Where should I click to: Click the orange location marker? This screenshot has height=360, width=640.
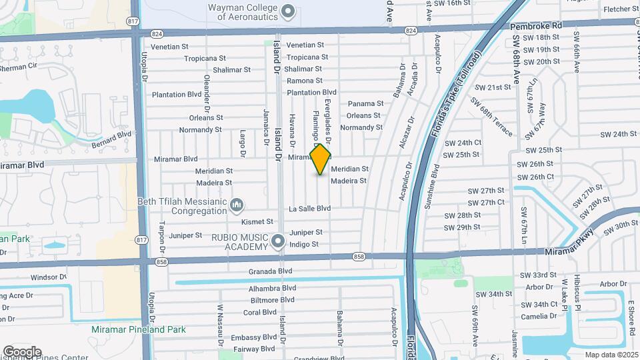(321, 159)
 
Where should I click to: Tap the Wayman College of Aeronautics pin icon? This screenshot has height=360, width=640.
(289, 11)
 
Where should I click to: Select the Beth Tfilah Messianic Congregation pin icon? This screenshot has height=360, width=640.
(236, 203)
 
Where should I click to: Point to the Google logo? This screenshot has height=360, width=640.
(22, 351)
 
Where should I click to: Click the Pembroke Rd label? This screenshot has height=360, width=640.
(536, 25)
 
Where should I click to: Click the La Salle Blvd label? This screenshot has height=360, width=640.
(309, 209)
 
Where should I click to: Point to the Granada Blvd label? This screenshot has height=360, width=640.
(271, 271)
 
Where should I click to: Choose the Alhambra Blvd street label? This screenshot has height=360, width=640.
(272, 288)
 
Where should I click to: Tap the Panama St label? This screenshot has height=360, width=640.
(366, 103)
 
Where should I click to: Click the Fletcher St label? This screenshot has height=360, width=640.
(620, 9)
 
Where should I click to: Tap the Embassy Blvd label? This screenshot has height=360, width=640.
(253, 337)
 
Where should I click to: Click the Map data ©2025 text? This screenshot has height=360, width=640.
(610, 354)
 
